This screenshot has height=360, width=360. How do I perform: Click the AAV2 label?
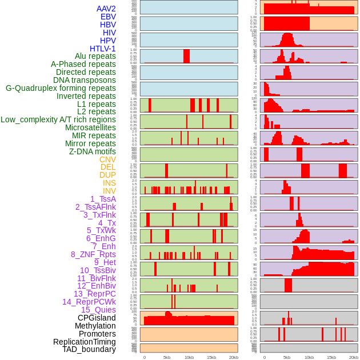(106, 9)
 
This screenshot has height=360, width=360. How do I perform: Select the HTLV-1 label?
(102, 49)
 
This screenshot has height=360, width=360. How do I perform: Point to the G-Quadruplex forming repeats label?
(61, 88)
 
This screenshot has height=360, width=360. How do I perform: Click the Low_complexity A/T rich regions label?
(58, 119)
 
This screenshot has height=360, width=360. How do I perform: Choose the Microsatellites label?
(90, 127)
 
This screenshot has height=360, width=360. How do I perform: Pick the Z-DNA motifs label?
(92, 151)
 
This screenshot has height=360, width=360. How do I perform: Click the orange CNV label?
(107, 159)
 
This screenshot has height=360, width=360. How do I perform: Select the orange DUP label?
(107, 175)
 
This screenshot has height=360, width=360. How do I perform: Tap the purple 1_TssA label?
(103, 199)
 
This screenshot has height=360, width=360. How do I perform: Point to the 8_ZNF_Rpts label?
(93, 254)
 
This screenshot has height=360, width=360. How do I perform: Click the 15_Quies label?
(98, 310)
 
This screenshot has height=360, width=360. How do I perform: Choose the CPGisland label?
(97, 318)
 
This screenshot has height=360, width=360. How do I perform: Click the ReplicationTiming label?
(84, 342)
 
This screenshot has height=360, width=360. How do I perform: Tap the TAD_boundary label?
(89, 349)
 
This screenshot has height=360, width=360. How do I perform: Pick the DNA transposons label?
(84, 80)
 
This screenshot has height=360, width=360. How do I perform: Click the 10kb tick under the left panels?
(189, 357)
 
